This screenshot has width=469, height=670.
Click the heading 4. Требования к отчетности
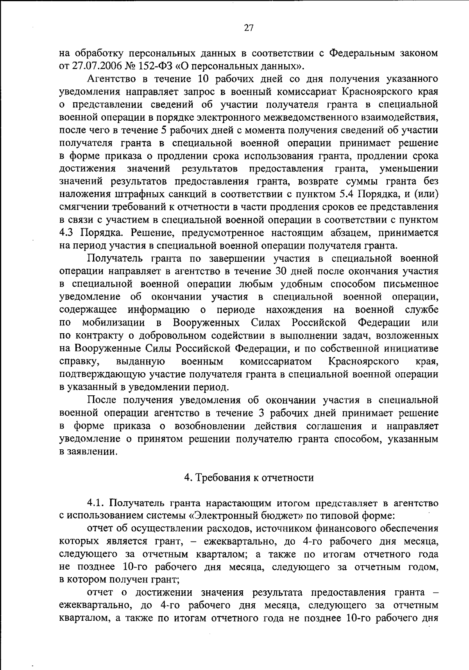pyautogui.click(x=249, y=477)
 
